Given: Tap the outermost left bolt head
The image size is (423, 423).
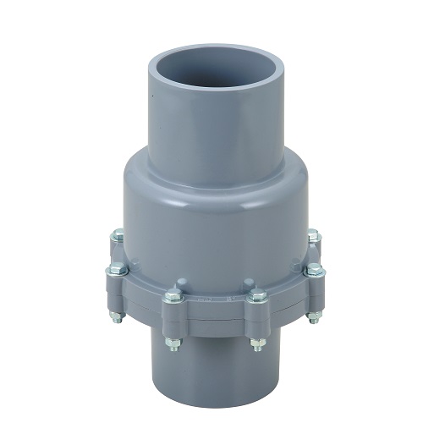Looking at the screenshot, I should [x=111, y=271].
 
